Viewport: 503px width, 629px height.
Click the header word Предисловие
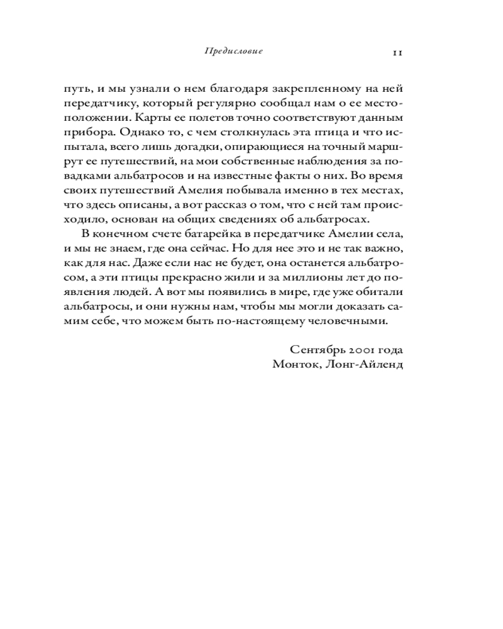tap(233, 52)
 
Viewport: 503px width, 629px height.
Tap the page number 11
tap(397, 52)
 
